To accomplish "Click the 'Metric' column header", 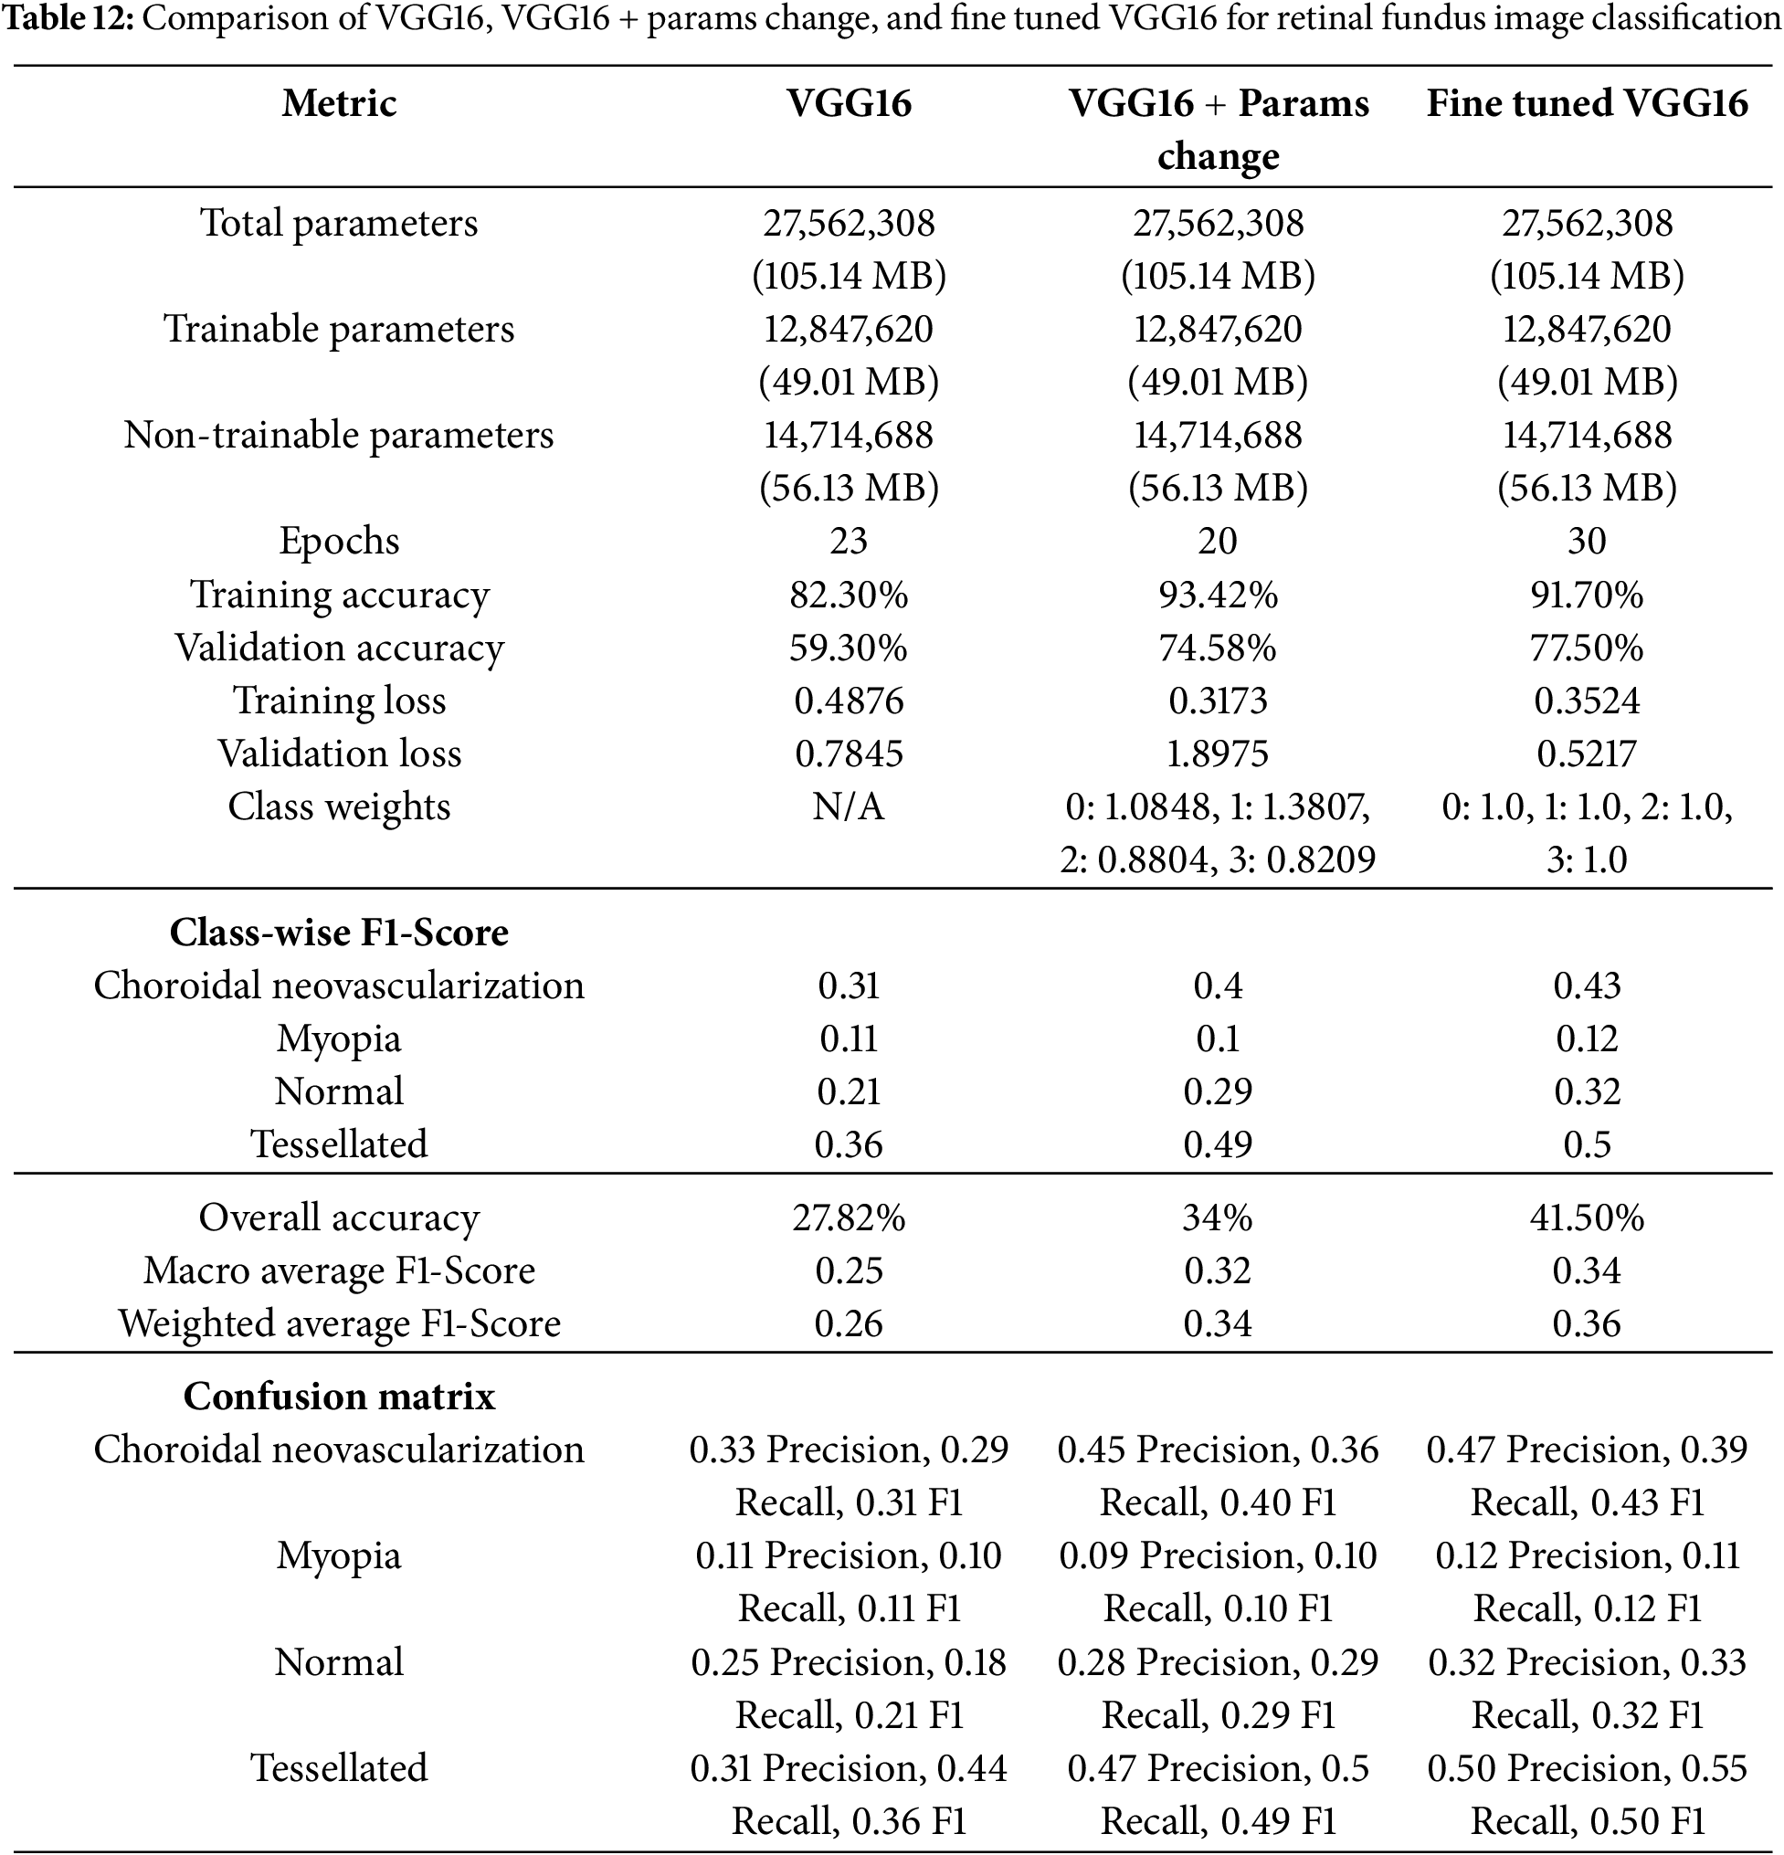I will (x=339, y=103).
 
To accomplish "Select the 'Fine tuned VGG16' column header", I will (x=1586, y=103).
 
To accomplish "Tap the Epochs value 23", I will (x=848, y=542).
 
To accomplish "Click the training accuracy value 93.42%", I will (x=1217, y=595).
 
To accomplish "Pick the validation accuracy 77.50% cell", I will (x=1586, y=648).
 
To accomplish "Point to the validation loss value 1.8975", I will (x=1217, y=754).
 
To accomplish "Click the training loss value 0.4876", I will (x=848, y=701).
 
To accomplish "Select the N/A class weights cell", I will (x=848, y=806).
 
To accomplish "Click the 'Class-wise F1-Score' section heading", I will (x=339, y=933).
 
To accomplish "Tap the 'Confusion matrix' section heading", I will (x=339, y=1396).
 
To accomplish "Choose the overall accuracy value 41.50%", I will (x=1586, y=1217).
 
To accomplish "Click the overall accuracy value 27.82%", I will (x=848, y=1217).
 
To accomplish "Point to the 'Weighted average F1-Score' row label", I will (x=339, y=1323).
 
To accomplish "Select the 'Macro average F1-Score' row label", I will (x=339, y=1270).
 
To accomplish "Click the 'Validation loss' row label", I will (x=339, y=754).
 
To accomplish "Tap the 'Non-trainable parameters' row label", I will (x=339, y=436).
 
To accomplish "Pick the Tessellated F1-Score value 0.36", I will (x=848, y=1144).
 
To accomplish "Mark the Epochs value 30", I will (x=1586, y=542).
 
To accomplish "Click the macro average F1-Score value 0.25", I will (x=848, y=1270).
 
